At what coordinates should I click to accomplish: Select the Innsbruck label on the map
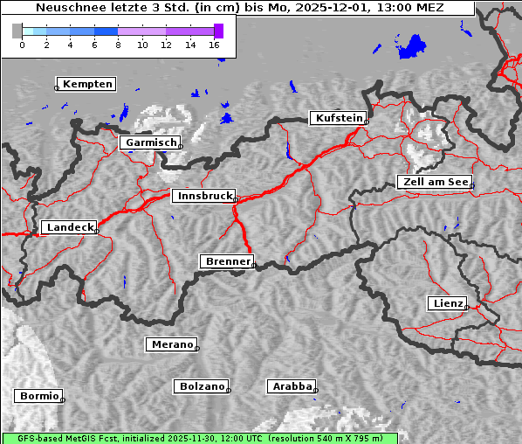(204, 197)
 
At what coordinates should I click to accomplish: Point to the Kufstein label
(338, 118)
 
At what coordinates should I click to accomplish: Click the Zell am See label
(435, 182)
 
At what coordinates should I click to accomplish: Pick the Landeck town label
(70, 227)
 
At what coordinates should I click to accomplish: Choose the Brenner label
(228, 261)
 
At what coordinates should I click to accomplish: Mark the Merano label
(172, 344)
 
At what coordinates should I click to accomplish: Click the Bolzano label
(202, 385)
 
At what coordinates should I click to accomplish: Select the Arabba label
(292, 385)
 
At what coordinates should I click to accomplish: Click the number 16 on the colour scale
(215, 45)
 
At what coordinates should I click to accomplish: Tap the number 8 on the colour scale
(118, 45)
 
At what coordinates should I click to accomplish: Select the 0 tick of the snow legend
(22, 45)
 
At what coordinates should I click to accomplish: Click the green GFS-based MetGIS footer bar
(199, 438)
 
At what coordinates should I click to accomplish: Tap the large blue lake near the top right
(411, 46)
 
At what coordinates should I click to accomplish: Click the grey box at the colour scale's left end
(17, 31)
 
